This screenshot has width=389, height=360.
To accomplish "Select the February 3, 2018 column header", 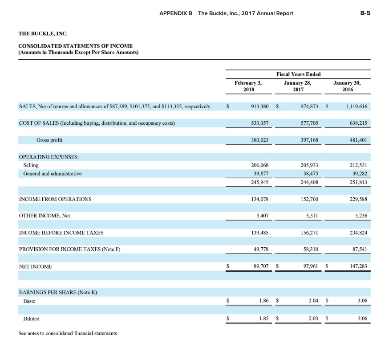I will pyautogui.click(x=248, y=86).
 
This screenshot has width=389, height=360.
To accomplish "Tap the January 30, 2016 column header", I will pyautogui.click(x=347, y=86).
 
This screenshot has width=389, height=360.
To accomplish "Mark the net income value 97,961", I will pyautogui.click(x=309, y=266).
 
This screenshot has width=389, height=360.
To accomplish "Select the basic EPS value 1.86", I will pyautogui.click(x=263, y=301).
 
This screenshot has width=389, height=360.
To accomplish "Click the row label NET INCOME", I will pyautogui.click(x=36, y=266).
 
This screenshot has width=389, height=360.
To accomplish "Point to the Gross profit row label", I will pyautogui.click(x=49, y=140).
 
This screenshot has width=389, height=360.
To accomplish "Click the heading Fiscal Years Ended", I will pyautogui.click(x=298, y=74).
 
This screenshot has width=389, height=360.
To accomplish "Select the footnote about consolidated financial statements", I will pyautogui.click(x=68, y=333).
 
